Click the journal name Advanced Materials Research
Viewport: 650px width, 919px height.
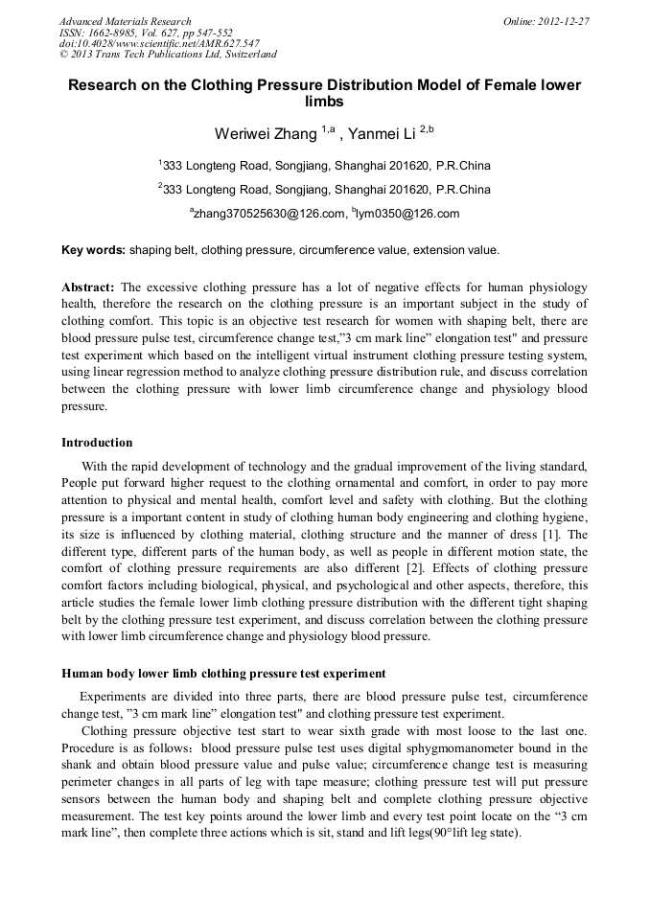(125, 21)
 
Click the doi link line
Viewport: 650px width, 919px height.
(159, 43)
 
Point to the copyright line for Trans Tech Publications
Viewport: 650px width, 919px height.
(168, 55)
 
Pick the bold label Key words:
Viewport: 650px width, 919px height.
(93, 250)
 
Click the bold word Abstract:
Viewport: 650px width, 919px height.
(88, 287)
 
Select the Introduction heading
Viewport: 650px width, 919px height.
(97, 443)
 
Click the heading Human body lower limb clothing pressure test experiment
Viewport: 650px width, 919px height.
(223, 674)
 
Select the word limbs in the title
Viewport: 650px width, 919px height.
(324, 102)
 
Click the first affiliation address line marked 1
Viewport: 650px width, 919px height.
(324, 165)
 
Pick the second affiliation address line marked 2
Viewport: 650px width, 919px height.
(324, 190)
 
